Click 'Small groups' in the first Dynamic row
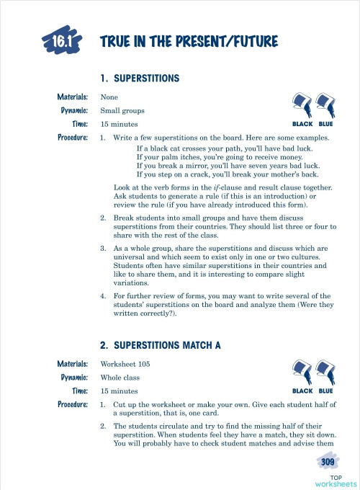pyautogui.click(x=122, y=111)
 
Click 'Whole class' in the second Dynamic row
pyautogui.click(x=121, y=378)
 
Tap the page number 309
pyautogui.click(x=328, y=461)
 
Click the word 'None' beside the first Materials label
pyautogui.click(x=109, y=97)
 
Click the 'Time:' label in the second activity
pyautogui.click(x=79, y=391)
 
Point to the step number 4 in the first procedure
pyautogui.click(x=103, y=296)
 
